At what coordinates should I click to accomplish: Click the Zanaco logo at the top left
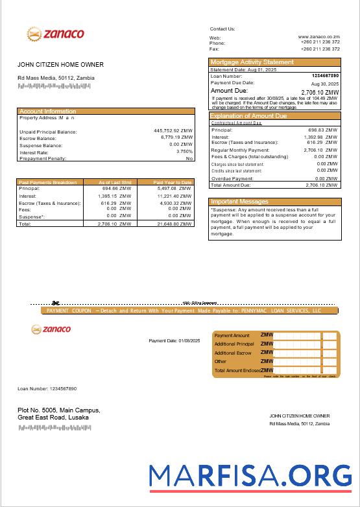coord(55,34)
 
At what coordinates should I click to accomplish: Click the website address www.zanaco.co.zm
coord(319,37)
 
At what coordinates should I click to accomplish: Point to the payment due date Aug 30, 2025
coord(325,84)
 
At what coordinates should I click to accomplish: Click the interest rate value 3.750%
coord(184,152)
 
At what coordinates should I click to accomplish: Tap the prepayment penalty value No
coord(189,158)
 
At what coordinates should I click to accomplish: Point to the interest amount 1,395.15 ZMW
coord(114,195)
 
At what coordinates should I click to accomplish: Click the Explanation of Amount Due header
coord(248,116)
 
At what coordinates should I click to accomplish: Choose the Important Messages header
coord(239,202)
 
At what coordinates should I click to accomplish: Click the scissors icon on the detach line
coord(56,303)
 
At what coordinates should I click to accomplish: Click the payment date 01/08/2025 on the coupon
coord(167,340)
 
